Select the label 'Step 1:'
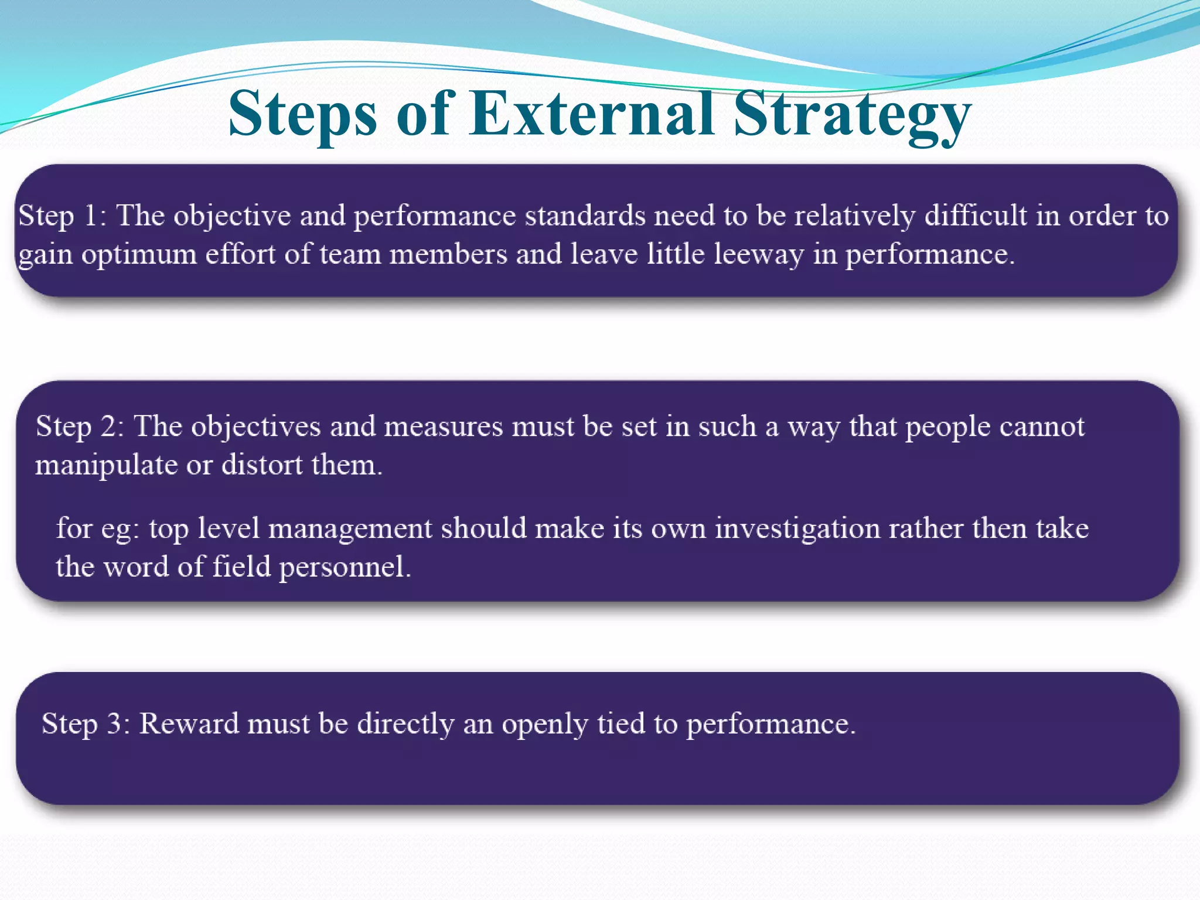coord(62,216)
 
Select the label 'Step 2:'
coord(80,426)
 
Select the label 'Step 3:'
coord(86,724)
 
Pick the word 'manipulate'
coord(106,465)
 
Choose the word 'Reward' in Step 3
coord(189,724)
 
